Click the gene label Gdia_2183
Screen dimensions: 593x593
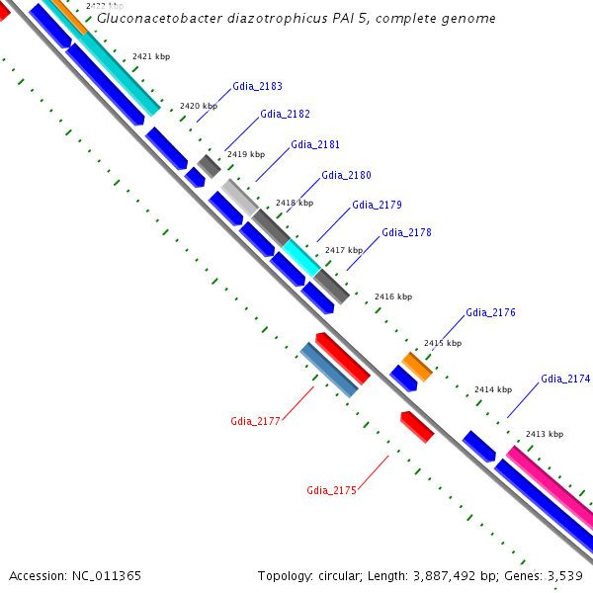257,87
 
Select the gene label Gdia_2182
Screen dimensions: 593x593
285,115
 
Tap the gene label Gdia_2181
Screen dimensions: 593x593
315,145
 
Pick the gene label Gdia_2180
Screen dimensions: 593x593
346,176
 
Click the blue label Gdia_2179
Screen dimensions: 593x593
377,206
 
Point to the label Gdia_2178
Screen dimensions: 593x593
406,233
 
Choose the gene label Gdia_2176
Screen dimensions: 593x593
490,313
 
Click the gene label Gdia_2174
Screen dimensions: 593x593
565,380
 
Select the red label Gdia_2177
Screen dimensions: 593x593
256,421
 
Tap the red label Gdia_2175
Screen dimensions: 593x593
331,490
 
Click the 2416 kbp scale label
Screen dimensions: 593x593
392,296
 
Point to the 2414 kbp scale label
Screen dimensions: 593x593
493,389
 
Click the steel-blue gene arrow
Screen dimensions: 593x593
329,371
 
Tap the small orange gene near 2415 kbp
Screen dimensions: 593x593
416,366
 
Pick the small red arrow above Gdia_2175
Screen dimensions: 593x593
417,426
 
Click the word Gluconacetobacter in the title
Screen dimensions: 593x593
152,19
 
